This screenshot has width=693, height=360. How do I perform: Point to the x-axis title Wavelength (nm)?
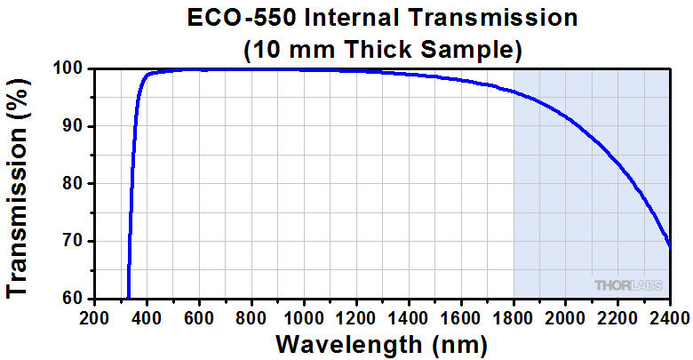tap(382, 344)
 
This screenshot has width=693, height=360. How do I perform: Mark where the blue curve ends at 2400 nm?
tap(669, 247)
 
